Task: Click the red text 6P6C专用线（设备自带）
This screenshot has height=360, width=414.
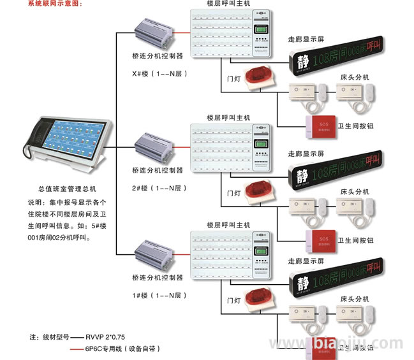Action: coord(122,349)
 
